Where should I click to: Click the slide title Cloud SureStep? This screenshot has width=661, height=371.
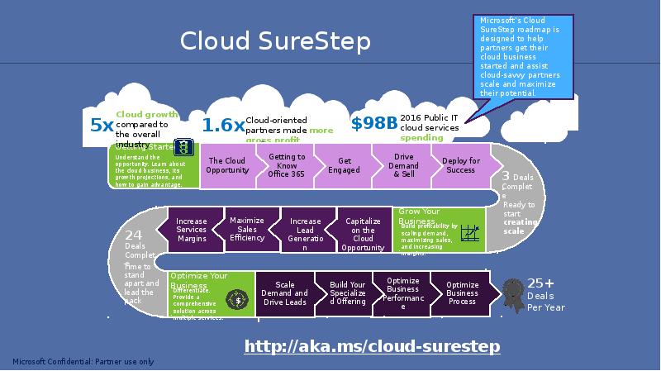pyautogui.click(x=275, y=41)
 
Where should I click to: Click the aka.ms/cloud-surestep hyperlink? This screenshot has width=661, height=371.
pyautogui.click(x=372, y=346)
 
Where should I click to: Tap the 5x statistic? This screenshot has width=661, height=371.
pyautogui.click(x=102, y=126)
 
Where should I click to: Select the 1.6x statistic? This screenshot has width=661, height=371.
pyautogui.click(x=222, y=126)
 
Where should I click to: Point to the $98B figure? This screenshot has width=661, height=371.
pyautogui.click(x=373, y=124)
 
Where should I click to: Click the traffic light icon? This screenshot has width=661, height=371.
pyautogui.click(x=185, y=147)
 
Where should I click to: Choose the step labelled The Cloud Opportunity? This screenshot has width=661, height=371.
pyautogui.click(x=226, y=165)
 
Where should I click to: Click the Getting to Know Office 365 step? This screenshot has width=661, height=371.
pyautogui.click(x=287, y=165)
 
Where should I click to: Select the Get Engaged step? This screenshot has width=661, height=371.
pyautogui.click(x=344, y=165)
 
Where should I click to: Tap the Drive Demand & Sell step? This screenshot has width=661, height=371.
pyautogui.click(x=403, y=165)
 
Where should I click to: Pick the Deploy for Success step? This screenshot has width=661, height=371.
pyautogui.click(x=460, y=165)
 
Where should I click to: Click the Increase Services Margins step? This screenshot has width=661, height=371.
pyautogui.click(x=192, y=230)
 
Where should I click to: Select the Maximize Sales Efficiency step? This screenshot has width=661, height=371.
pyautogui.click(x=247, y=229)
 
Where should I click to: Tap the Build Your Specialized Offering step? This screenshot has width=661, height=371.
pyautogui.click(x=346, y=293)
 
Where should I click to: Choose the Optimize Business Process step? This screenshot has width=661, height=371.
pyautogui.click(x=462, y=293)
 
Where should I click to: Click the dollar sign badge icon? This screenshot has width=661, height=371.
pyautogui.click(x=238, y=298)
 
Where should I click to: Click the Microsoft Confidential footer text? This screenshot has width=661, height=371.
pyautogui.click(x=83, y=362)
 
